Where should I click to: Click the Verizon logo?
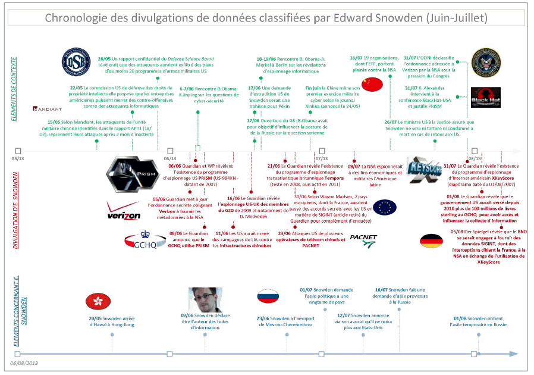[123, 211]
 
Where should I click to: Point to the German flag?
[431, 241]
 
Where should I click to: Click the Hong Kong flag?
[97, 301]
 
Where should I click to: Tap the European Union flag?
[384, 207]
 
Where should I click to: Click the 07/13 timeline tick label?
[322, 158]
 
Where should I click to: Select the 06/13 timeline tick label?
[170, 158]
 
